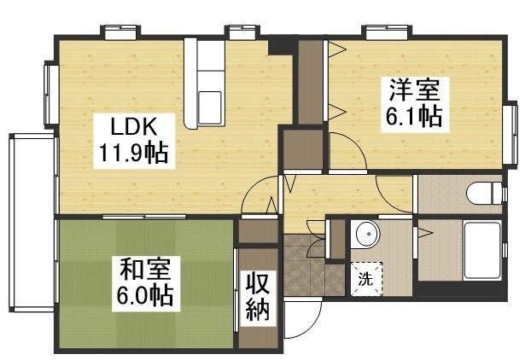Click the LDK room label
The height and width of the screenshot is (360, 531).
coord(132,127)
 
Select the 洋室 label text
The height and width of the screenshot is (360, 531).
coord(415,89)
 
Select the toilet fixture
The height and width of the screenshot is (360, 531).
coord(483,194)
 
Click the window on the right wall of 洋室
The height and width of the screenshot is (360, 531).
coord(513,133)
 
